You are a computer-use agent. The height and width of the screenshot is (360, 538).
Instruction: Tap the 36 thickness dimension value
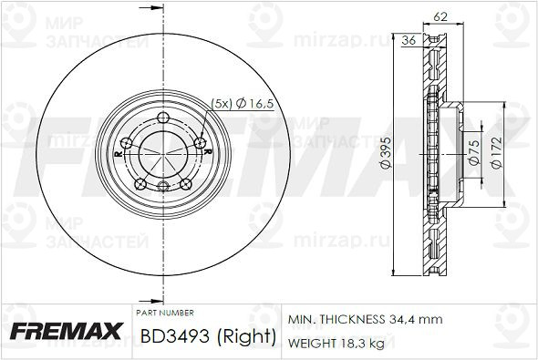[409, 39]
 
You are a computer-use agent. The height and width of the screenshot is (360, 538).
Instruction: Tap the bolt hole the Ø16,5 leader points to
[202, 141]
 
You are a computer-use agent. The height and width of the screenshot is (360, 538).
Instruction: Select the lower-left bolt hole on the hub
[140, 184]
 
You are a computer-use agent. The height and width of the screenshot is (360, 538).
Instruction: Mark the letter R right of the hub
[208, 150]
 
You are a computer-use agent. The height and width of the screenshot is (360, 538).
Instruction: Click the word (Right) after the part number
[246, 336]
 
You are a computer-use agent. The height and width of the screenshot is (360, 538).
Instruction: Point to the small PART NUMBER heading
[165, 313]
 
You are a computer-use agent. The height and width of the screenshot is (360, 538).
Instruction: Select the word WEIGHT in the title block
[310, 343]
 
